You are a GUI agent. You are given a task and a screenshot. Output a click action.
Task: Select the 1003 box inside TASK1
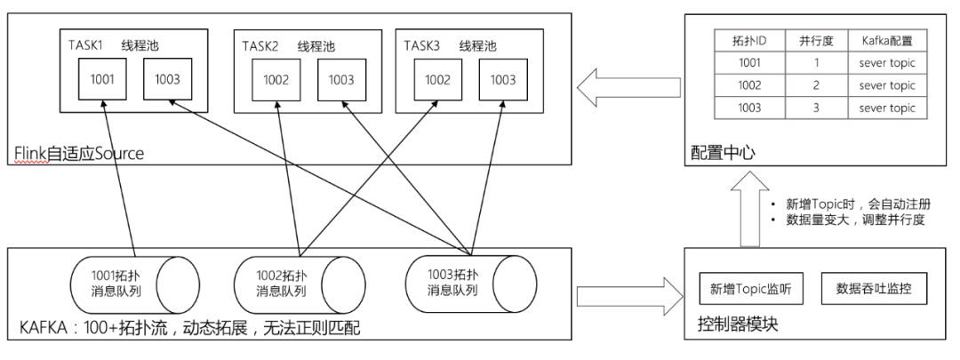pyautogui.click(x=169, y=79)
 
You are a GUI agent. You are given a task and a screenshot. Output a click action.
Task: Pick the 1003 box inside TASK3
pyautogui.click(x=502, y=79)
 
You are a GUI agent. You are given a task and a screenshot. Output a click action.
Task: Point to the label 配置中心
pyautogui.click(x=723, y=154)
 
